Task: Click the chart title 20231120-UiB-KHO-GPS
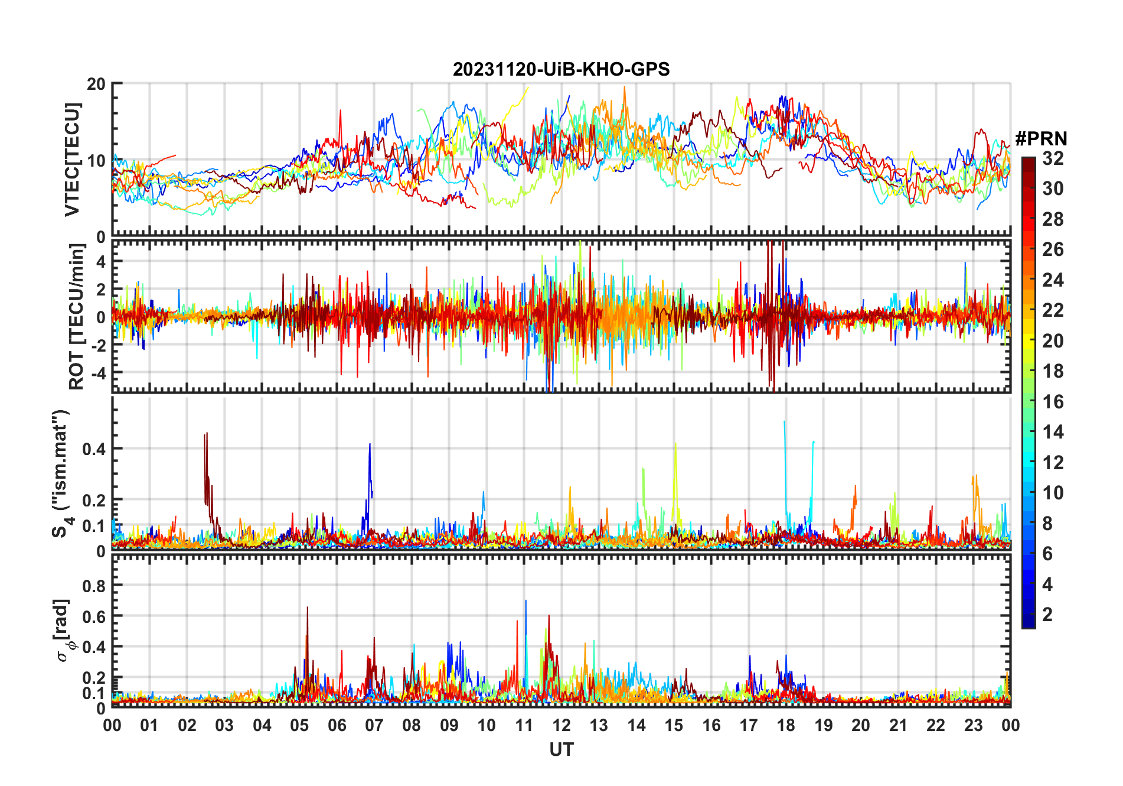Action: click(561, 70)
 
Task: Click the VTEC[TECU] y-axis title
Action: click(72, 160)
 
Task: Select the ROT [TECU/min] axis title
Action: click(77, 316)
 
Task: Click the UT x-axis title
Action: click(561, 749)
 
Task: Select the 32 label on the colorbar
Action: click(1053, 158)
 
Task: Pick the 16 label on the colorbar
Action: click(1053, 402)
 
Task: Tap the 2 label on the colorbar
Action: click(1047, 615)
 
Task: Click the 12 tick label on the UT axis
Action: click(561, 725)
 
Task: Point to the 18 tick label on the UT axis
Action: click(786, 725)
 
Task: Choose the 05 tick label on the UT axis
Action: click(299, 725)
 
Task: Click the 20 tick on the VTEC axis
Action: click(96, 84)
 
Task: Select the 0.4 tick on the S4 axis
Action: click(94, 449)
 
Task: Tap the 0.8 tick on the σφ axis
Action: click(94, 586)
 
